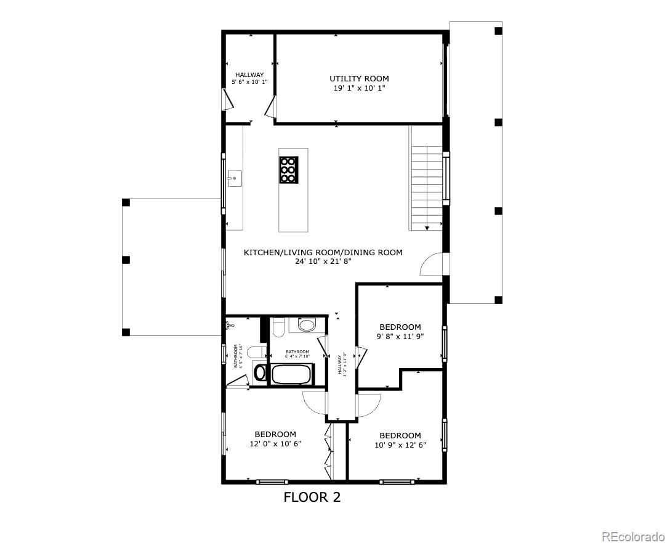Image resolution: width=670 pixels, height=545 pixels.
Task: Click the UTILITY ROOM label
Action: tap(359, 78)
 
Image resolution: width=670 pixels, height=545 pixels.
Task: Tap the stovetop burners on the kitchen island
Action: tap(288, 170)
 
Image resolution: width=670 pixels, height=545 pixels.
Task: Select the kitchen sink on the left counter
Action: tap(233, 179)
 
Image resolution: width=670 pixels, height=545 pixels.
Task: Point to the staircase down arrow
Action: tap(427, 227)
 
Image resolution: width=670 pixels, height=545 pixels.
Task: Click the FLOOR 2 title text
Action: tap(312, 498)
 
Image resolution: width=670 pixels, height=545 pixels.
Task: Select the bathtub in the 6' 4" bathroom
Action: tap(293, 374)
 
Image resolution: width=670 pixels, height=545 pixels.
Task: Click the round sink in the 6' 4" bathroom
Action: tap(306, 325)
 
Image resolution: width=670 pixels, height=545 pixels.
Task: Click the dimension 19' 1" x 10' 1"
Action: tap(359, 88)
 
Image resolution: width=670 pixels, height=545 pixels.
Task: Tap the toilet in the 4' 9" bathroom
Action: tap(260, 372)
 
